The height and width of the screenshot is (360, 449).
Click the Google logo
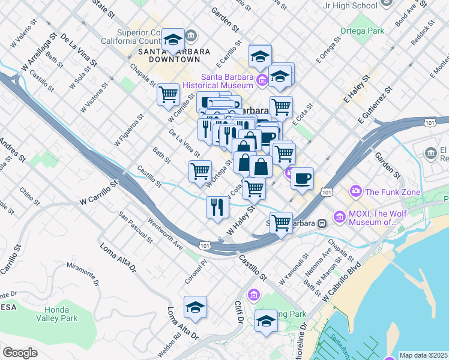tap(20, 353)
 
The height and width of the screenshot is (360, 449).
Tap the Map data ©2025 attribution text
tap(424, 355)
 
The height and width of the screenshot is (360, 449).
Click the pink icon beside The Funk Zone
tap(357, 192)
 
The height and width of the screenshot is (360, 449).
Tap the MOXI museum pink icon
tap(340, 216)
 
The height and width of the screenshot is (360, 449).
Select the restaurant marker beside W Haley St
tap(217, 208)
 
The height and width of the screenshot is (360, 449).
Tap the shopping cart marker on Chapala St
tap(169, 94)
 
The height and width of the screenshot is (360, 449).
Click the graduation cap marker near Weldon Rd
tap(195, 307)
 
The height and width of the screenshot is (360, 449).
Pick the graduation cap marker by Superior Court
tap(173, 40)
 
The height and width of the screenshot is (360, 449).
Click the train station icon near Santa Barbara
tap(322, 223)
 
